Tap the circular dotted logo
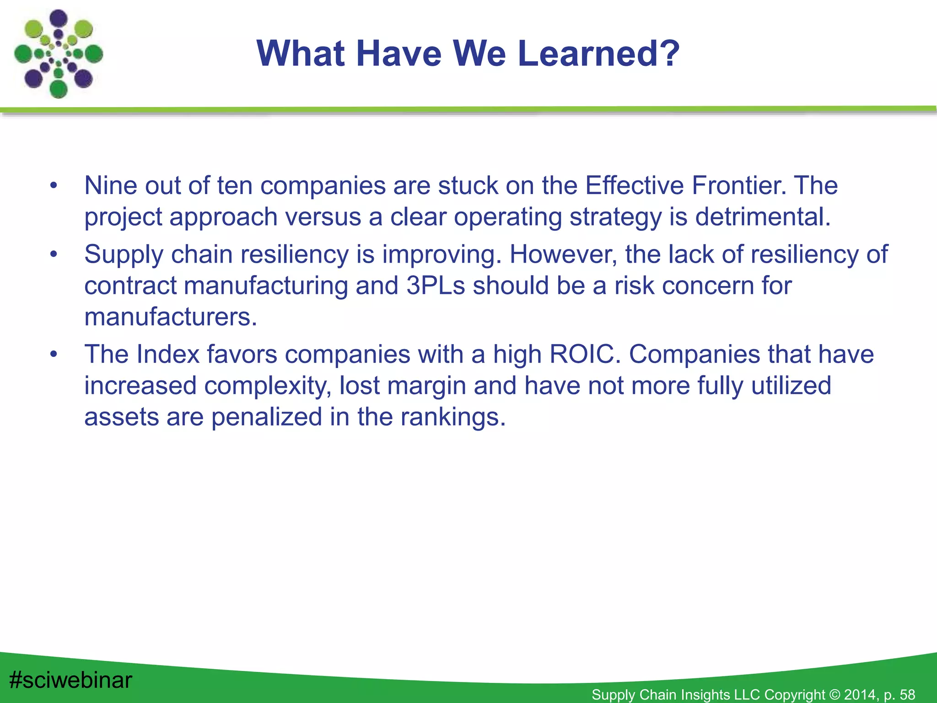58,54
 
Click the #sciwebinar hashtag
71,680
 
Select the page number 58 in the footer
907,695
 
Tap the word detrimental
763,217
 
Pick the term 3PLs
435,286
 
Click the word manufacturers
170,317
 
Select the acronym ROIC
584,355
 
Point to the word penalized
266,417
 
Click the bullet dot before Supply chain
54,254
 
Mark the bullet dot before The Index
54,355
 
